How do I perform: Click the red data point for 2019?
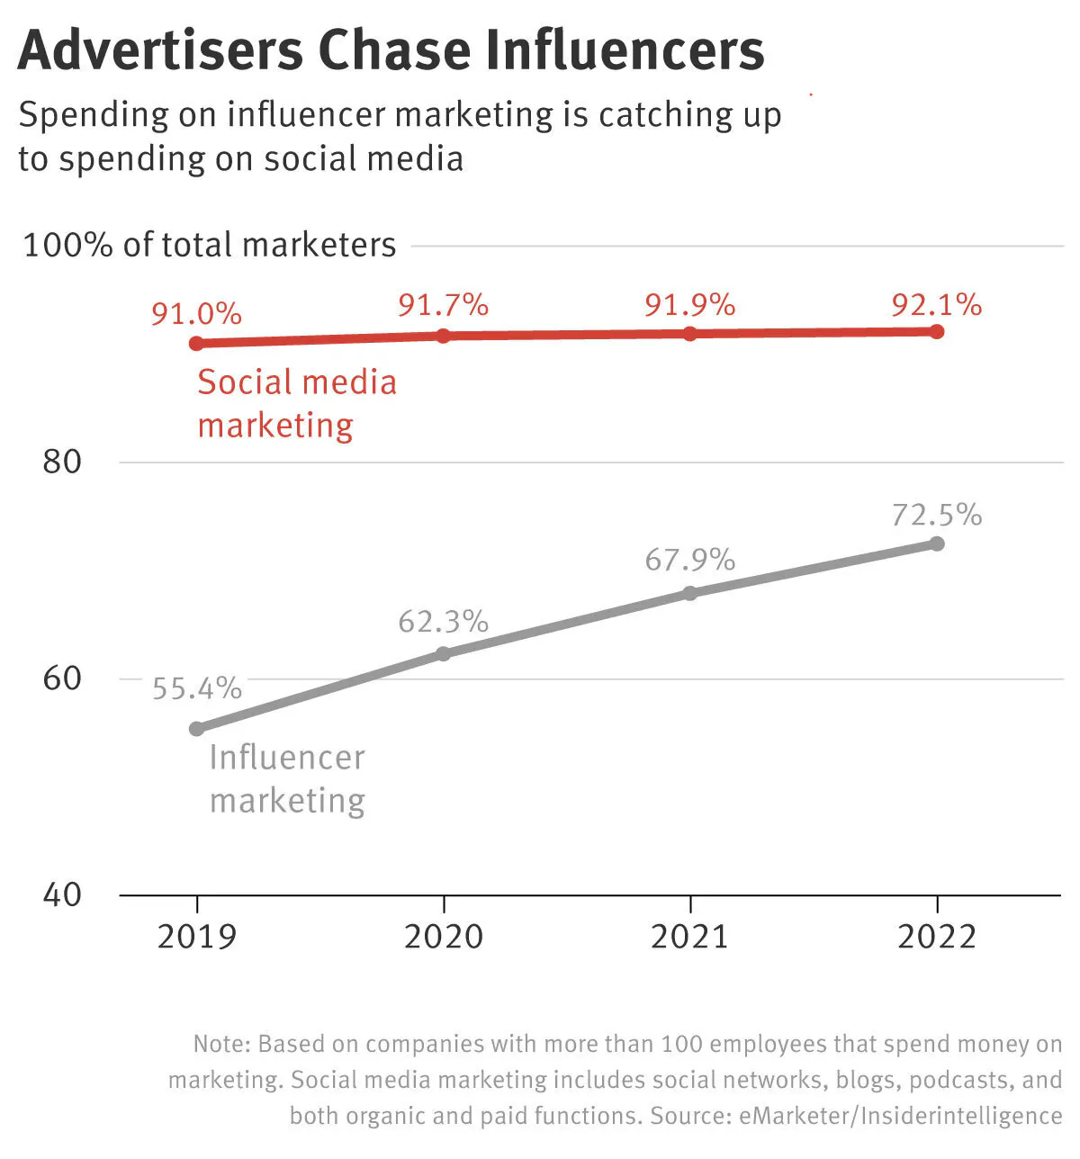coord(197,343)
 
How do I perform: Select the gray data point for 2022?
coord(937,544)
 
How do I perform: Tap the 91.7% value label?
coord(443,305)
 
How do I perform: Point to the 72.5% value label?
coord(937,515)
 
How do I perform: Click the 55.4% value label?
coord(197,688)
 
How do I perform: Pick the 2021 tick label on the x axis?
coord(689,937)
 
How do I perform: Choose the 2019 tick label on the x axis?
coord(197,937)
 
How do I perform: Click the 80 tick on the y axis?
coord(62,462)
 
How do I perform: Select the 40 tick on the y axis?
coord(62,894)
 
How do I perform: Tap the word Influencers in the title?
coord(623,50)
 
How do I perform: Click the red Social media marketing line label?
coord(296,403)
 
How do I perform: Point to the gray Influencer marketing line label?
coord(287,778)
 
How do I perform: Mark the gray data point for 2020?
coord(443,653)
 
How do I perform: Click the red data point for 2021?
coord(690,334)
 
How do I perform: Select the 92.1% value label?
coord(937,305)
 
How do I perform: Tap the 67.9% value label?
coord(690,560)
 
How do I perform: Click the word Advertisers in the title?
coord(161,50)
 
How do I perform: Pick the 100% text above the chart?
coord(67,245)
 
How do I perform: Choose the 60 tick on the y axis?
coord(62,678)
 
